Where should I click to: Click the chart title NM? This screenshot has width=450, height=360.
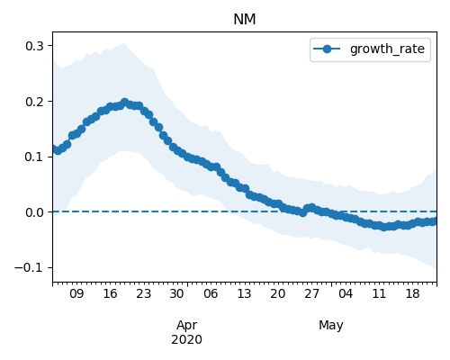(x=245, y=20)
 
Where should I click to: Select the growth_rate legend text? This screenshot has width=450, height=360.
(x=387, y=49)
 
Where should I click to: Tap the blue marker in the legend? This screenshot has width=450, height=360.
(x=327, y=49)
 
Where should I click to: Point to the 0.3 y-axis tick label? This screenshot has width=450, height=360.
(x=34, y=46)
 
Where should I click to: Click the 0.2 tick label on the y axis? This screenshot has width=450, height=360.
(x=34, y=102)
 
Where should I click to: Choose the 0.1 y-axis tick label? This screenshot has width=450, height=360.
(x=34, y=157)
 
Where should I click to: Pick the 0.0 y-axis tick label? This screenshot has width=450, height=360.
(x=34, y=212)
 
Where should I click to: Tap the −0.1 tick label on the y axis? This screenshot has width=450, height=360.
(x=29, y=267)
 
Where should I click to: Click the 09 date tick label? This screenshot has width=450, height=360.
(x=76, y=293)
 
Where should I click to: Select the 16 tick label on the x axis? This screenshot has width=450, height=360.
(x=110, y=293)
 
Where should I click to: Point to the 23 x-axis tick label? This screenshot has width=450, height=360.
(x=144, y=293)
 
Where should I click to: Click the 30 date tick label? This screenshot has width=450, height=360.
(x=177, y=293)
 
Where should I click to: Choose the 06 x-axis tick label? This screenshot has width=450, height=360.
(x=211, y=293)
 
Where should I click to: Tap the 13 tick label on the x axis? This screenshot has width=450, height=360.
(x=244, y=293)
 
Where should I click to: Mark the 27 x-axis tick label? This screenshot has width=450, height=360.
(x=311, y=293)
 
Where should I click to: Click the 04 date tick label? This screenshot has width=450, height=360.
(x=346, y=293)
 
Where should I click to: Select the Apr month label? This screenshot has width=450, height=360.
(x=187, y=326)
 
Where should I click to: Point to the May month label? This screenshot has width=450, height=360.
(x=331, y=326)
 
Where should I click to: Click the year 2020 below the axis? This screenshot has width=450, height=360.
(x=186, y=339)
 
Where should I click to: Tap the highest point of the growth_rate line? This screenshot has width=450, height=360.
(x=124, y=103)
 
